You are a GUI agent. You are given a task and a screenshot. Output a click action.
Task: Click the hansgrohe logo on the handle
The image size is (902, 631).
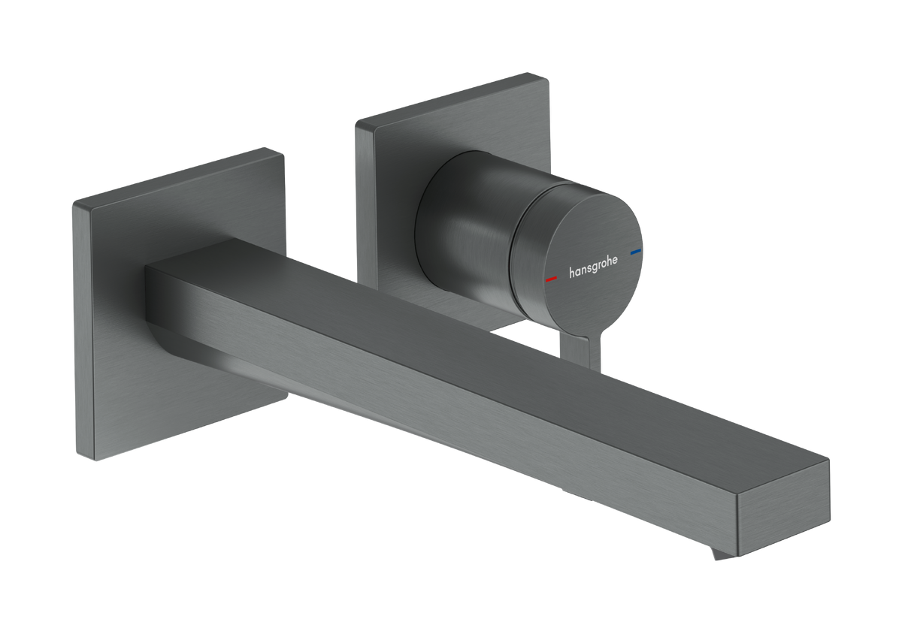click(x=593, y=267)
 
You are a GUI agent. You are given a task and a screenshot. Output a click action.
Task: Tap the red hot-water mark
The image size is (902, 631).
click(x=551, y=279)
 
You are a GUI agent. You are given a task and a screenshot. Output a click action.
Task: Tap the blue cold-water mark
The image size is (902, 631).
click(x=636, y=252)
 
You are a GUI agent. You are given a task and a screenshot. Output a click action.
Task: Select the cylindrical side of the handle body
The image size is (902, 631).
click(x=467, y=225)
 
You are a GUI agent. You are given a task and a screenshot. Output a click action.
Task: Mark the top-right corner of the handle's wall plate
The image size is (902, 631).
click(x=547, y=79)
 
